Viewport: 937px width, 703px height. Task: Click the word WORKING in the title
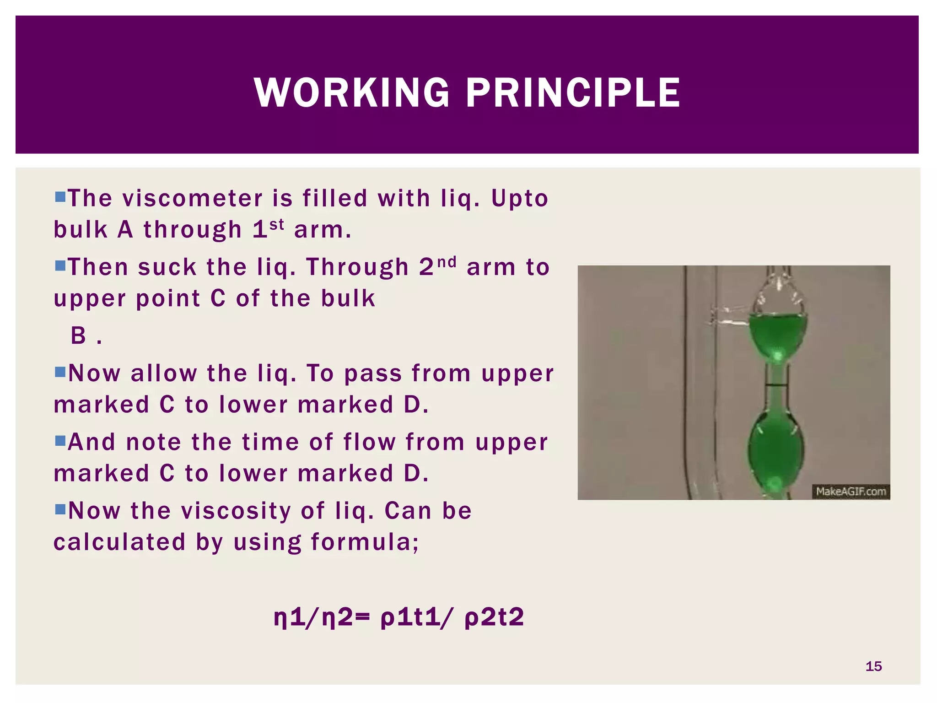click(351, 93)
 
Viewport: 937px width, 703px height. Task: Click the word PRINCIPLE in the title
click(573, 93)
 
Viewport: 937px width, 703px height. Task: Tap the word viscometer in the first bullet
click(193, 199)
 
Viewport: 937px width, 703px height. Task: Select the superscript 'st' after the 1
click(277, 224)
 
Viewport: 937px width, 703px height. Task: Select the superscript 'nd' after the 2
click(447, 262)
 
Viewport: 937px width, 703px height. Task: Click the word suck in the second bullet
click(167, 267)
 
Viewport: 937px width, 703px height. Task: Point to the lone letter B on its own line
click(78, 336)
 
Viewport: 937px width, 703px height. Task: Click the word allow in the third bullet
click(163, 373)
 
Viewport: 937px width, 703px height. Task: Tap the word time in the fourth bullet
click(270, 443)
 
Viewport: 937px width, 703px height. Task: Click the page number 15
click(873, 666)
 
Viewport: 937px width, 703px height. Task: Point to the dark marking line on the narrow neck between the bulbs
click(776, 385)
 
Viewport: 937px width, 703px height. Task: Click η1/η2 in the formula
click(313, 617)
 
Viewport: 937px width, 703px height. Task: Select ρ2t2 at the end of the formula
click(494, 617)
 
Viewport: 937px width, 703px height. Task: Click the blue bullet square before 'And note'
click(60, 441)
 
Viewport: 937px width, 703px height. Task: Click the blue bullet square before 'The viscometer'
click(60, 197)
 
